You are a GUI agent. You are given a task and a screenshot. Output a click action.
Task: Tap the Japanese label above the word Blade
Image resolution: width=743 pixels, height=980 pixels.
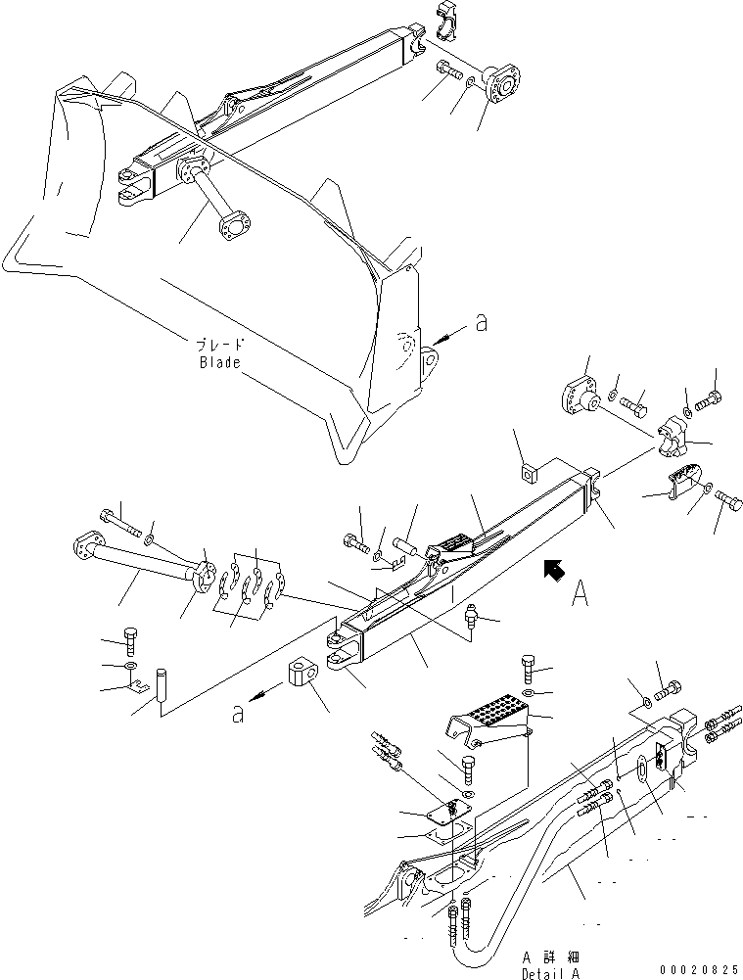[218, 345]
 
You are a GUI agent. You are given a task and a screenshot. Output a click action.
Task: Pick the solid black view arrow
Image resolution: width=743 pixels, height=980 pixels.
[554, 569]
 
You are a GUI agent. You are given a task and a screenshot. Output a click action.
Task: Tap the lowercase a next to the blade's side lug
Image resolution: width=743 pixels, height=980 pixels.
[480, 324]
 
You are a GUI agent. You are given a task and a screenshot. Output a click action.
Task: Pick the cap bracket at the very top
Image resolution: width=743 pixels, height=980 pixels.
[441, 22]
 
